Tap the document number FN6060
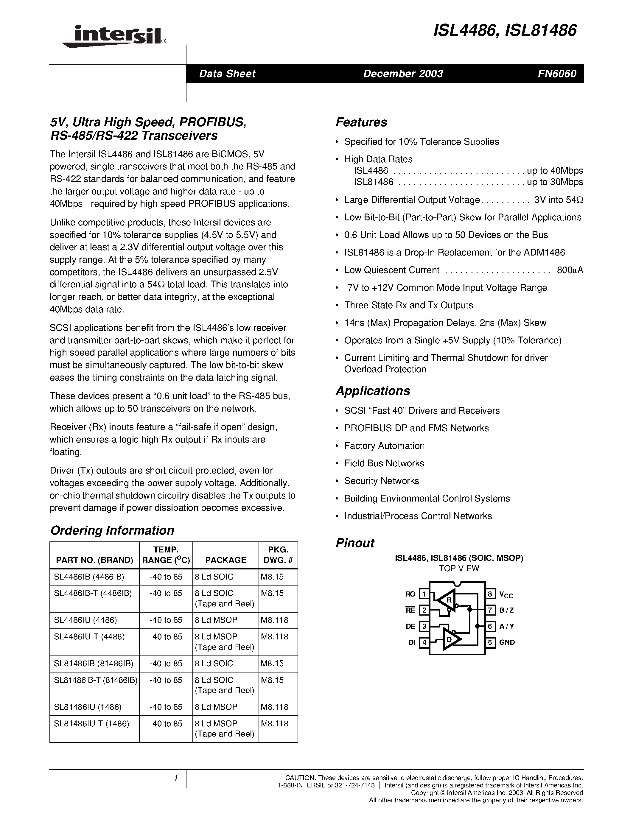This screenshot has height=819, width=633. [x=556, y=74]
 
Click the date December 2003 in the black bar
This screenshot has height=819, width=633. [x=403, y=74]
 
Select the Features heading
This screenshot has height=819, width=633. [x=361, y=122]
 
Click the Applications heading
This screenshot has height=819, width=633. [x=373, y=391]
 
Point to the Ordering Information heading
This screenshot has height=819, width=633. [x=112, y=530]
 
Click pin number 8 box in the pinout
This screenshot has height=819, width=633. [x=490, y=594]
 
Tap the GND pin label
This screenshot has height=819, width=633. [x=507, y=642]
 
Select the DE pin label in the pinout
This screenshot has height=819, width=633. [x=410, y=626]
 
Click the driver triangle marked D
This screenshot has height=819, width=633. [x=450, y=640]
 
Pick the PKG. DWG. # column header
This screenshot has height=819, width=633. [x=278, y=555]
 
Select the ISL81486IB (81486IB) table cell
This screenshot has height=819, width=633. [x=93, y=664]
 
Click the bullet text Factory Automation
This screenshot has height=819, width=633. [x=384, y=446]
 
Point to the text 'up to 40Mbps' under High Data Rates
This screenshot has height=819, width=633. [x=555, y=171]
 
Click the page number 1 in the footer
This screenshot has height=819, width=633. [x=175, y=778]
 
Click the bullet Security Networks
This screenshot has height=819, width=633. [x=381, y=481]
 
